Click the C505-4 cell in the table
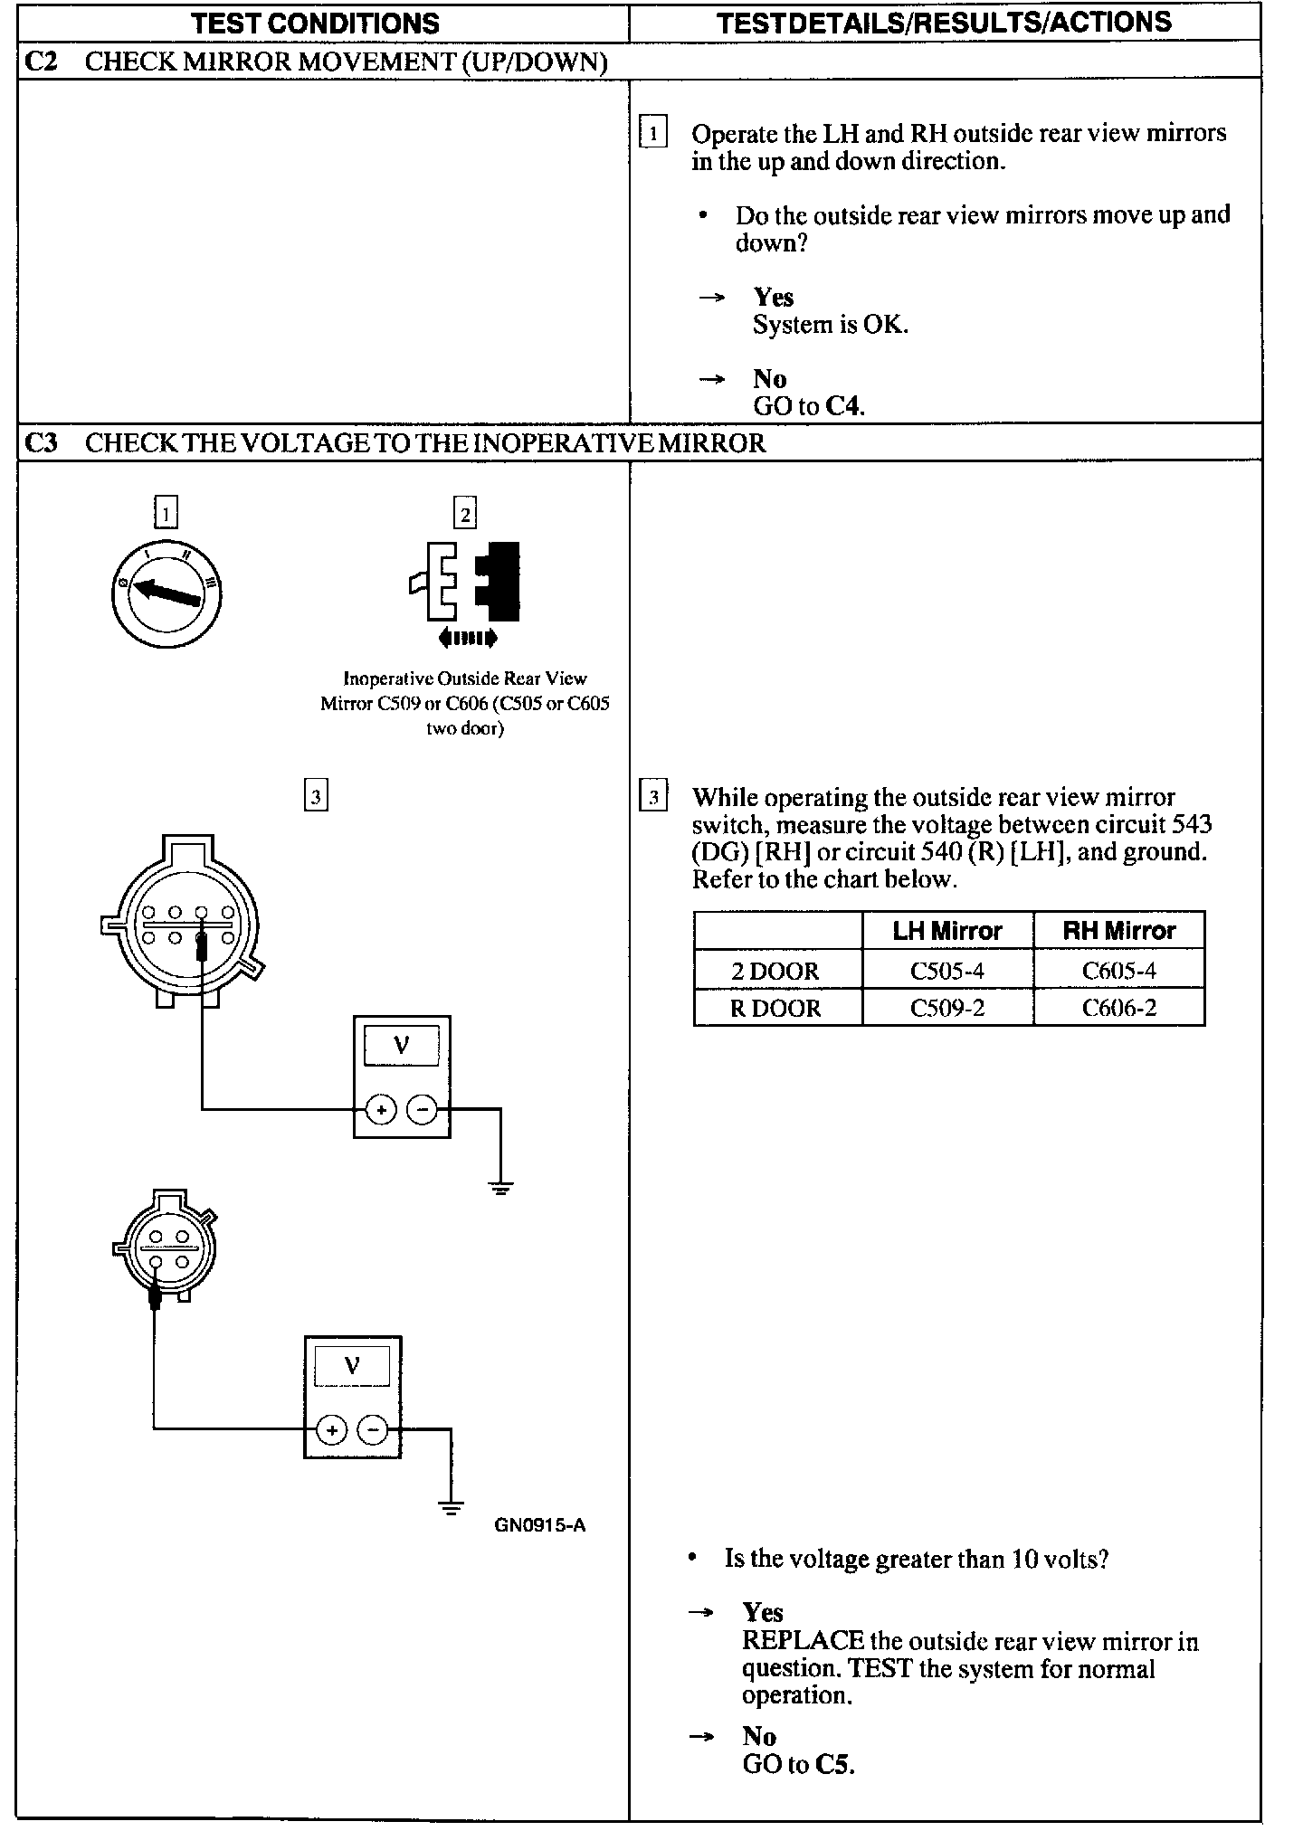pos(946,971)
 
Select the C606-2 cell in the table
pos(1118,1008)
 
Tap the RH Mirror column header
pos(1118,931)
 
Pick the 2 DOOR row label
pos(775,971)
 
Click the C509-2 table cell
pos(946,1008)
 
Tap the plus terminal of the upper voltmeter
pos(381,1110)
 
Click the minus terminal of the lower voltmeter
pos(373,1430)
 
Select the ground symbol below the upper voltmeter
pos(500,1187)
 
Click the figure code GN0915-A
pos(539,1525)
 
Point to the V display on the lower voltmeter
pos(352,1366)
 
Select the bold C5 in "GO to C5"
pos(833,1765)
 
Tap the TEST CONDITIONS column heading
pos(315,23)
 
